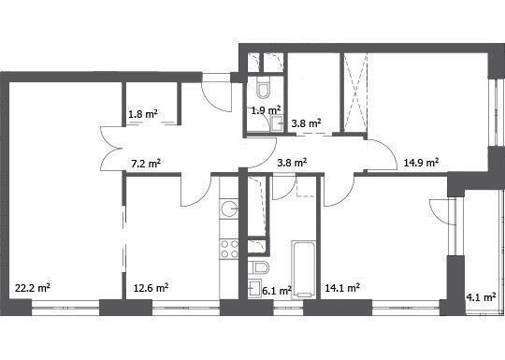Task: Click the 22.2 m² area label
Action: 33,288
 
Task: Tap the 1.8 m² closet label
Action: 143,114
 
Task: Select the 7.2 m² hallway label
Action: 146,164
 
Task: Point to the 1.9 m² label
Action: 266,110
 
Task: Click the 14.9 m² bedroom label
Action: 421,163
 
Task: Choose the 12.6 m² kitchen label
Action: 151,288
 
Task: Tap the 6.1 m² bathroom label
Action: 277,291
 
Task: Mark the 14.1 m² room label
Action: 342,288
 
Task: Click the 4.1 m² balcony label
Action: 481,297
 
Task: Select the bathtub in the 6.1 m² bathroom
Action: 303,269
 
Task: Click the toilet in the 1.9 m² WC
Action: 264,87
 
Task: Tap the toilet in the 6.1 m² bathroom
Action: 259,267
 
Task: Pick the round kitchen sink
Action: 229,209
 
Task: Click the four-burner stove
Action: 229,250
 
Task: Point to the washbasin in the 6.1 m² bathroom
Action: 255,289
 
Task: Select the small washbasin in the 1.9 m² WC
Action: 277,123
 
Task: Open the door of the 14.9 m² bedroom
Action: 382,154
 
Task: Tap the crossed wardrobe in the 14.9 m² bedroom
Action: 355,93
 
